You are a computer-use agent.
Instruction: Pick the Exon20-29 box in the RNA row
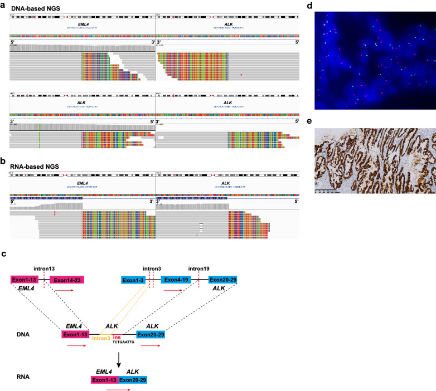(x=133, y=380)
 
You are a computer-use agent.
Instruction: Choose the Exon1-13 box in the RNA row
(x=104, y=380)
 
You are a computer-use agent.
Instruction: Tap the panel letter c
(x=4, y=254)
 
